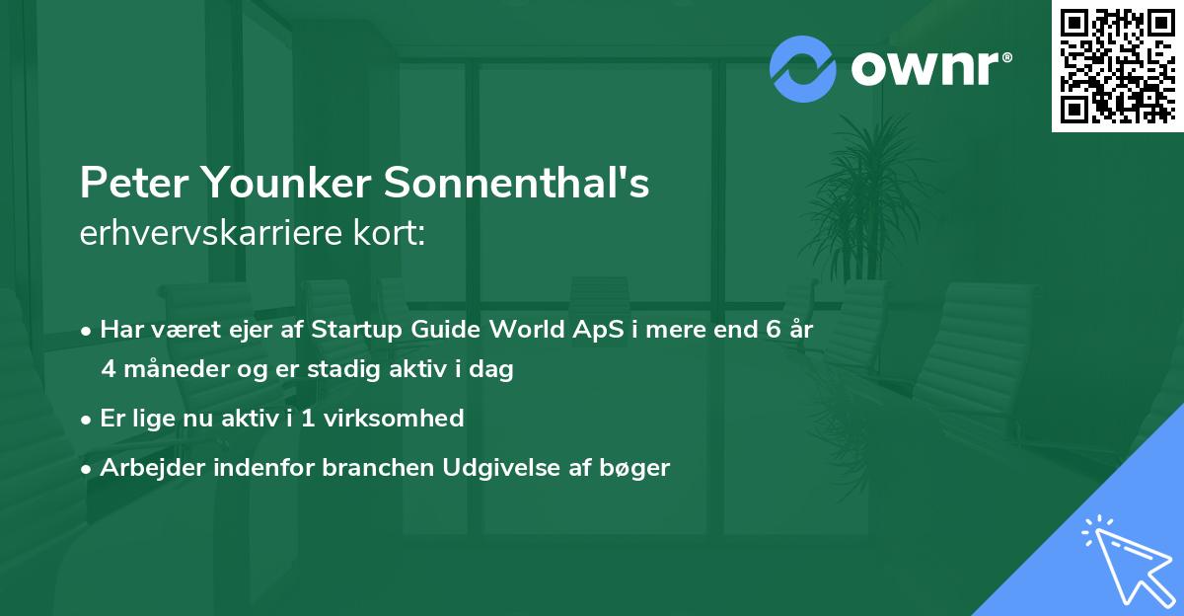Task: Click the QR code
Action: coord(1118,65)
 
